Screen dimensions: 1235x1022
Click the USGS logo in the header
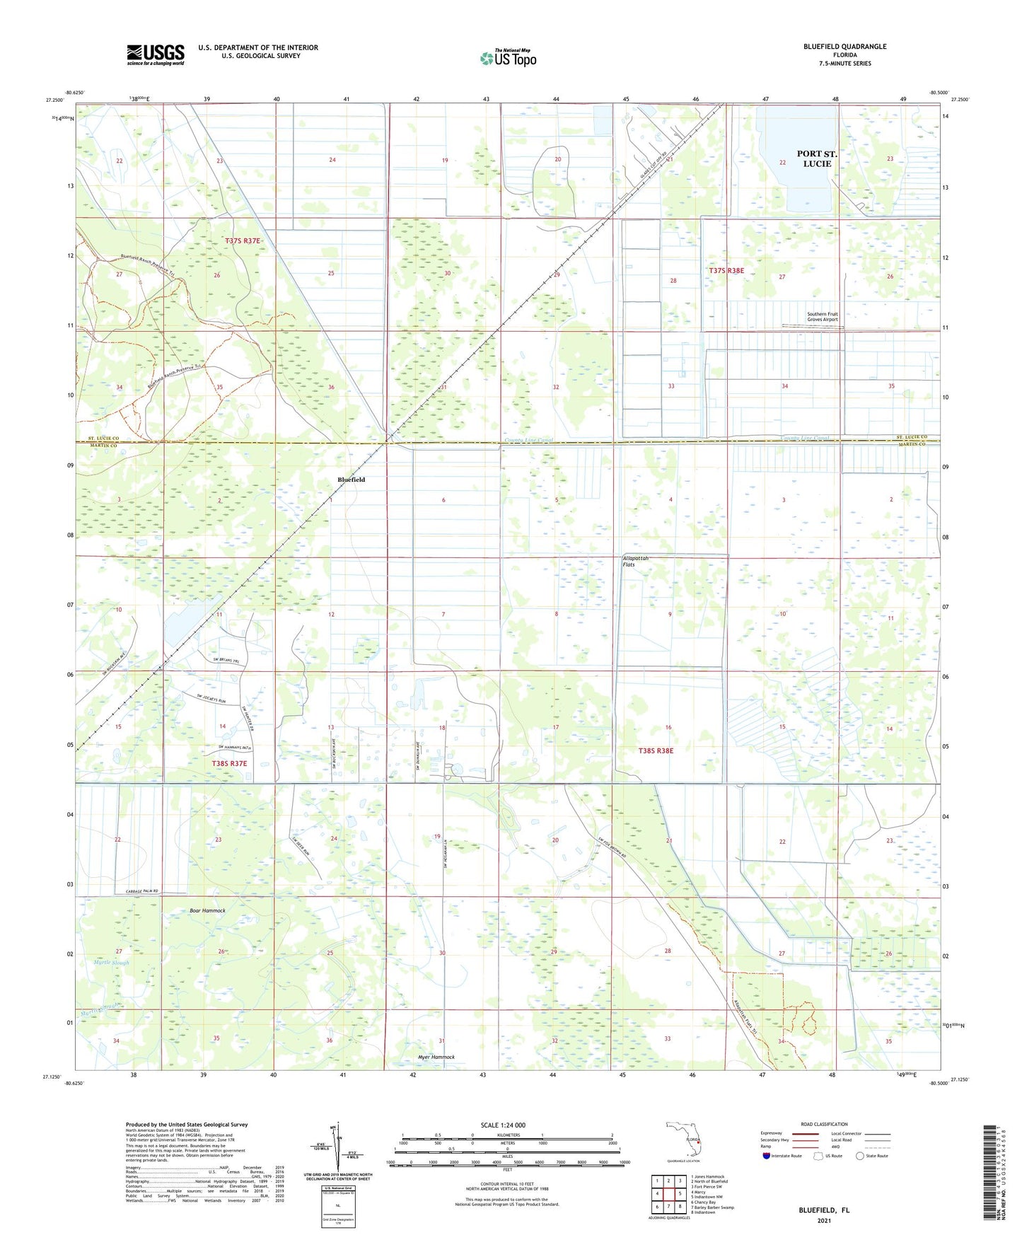(156, 54)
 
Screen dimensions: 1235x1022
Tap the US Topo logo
(508, 58)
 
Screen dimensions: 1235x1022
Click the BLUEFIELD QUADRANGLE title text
(844, 47)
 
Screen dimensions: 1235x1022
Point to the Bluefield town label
(352, 480)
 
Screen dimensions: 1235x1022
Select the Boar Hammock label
(207, 910)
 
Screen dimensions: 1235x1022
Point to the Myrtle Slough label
(111, 963)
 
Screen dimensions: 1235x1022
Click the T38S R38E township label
(656, 750)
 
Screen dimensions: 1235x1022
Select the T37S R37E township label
(243, 241)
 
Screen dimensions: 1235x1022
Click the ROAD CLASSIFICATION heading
(824, 1124)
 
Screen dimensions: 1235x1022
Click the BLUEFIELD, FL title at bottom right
(824, 1210)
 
